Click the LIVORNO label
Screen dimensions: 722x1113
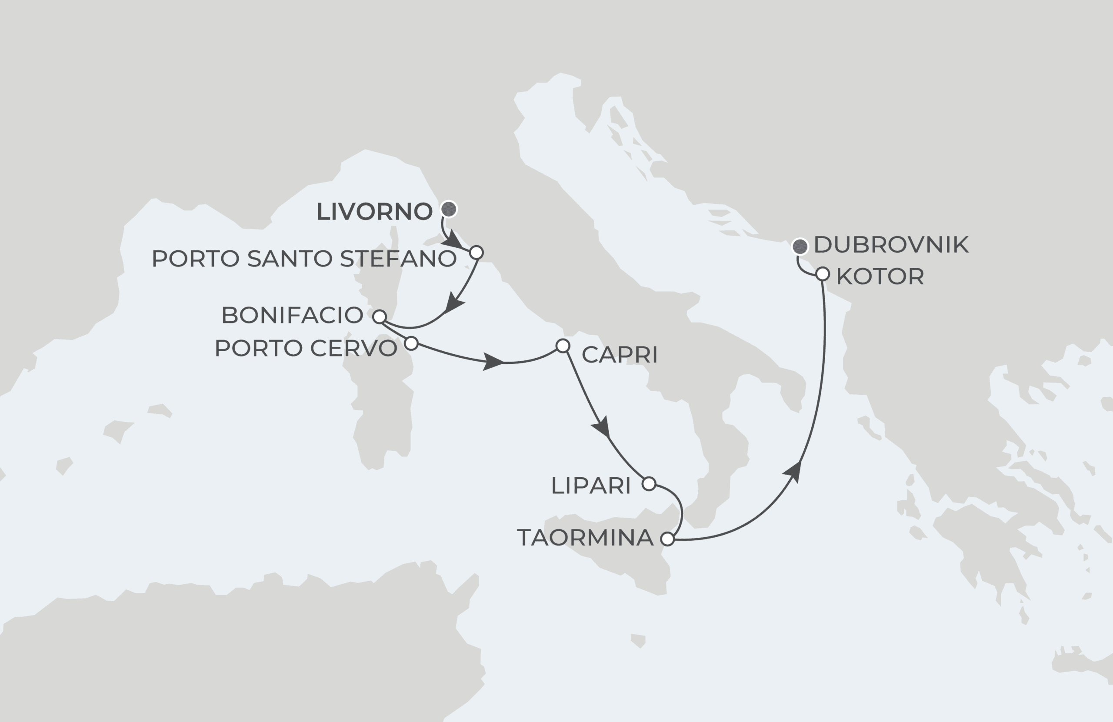tap(374, 211)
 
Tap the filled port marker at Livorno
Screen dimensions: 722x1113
tap(449, 209)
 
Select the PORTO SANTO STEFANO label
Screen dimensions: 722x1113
tap(304, 259)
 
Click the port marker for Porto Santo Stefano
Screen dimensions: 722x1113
tap(476, 253)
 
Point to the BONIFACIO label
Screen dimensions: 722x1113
tap(292, 315)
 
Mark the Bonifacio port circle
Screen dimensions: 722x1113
tap(379, 317)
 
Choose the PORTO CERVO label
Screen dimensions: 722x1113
tap(306, 348)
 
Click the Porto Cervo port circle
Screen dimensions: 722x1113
tap(410, 343)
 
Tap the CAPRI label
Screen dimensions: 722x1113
tap(620, 355)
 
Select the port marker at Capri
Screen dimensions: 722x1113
tap(563, 346)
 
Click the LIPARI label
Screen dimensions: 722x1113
tap(591, 486)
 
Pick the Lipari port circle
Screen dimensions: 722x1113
tap(649, 483)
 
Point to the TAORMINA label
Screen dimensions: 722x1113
tap(585, 538)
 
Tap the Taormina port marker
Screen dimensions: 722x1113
tap(667, 539)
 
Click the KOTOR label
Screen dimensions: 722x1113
tap(880, 276)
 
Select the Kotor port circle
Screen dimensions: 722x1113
tap(823, 274)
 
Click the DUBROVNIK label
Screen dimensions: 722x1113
tap(891, 245)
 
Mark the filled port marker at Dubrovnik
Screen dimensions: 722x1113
tap(800, 246)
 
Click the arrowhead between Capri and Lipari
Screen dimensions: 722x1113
tap(602, 426)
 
